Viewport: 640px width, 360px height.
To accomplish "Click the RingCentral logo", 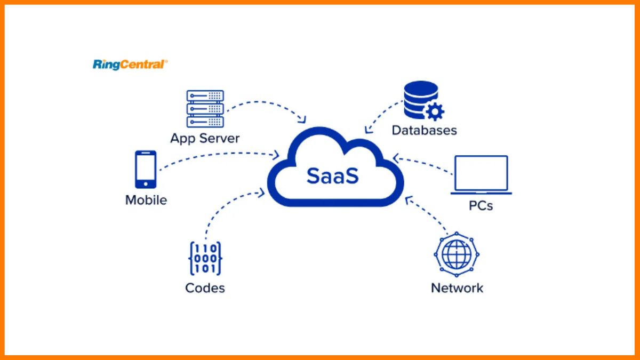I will click(130, 65).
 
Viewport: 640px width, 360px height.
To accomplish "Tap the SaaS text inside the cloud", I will click(332, 175).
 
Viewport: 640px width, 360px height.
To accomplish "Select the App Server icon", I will click(205, 108).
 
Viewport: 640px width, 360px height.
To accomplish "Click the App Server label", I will click(205, 138).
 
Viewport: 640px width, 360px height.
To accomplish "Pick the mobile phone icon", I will click(146, 169).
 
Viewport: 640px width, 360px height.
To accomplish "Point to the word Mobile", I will click(146, 200).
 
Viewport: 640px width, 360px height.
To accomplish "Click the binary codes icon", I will click(205, 259).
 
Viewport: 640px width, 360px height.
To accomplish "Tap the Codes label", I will click(205, 288).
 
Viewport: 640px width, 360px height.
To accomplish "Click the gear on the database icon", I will click(435, 111).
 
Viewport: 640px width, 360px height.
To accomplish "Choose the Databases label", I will click(424, 130).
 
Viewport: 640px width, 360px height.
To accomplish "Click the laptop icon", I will click(481, 175).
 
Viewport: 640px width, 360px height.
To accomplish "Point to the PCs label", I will click(479, 205).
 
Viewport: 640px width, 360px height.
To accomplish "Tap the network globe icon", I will click(456, 254).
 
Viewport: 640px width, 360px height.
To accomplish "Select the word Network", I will click(457, 288).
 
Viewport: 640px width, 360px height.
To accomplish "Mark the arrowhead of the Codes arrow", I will click(261, 191).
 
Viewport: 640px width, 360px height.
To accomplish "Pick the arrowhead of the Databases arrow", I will click(367, 130).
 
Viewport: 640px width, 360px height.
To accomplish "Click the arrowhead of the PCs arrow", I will click(395, 157).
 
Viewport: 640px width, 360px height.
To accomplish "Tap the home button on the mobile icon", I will click(146, 183).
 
